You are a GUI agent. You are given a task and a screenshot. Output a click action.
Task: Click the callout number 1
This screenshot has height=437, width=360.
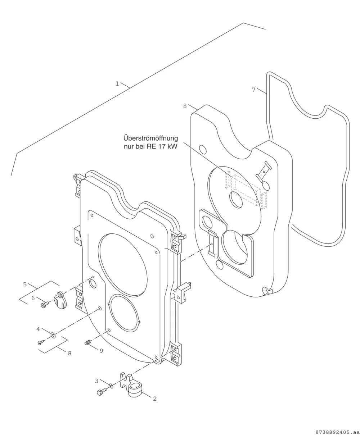117,84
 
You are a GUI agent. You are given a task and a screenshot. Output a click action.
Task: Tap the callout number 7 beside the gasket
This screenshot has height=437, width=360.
253,90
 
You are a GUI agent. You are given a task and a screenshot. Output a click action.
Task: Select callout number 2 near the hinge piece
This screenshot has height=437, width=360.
155,399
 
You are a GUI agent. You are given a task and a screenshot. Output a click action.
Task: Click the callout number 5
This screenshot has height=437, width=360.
25,284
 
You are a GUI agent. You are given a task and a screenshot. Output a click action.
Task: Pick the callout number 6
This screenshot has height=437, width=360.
33,298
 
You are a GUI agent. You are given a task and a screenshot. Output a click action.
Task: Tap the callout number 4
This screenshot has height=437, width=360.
38,329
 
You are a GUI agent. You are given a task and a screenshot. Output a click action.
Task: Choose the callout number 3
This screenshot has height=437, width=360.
96,381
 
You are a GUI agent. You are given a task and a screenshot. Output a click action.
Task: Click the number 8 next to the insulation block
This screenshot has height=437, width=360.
185,106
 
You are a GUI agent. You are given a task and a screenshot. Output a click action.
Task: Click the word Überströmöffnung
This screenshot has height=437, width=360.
150,138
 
